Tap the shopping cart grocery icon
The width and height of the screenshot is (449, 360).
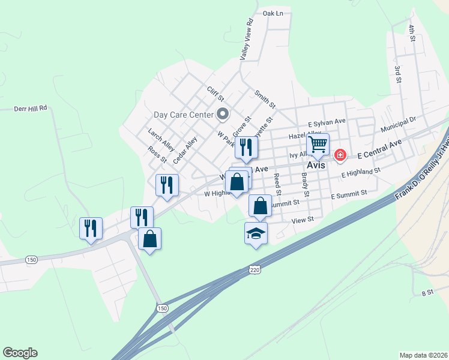click(x=318, y=144)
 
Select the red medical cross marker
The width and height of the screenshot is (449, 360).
click(x=340, y=155)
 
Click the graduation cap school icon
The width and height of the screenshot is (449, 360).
click(x=256, y=233)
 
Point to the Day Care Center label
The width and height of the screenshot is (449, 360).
click(x=184, y=114)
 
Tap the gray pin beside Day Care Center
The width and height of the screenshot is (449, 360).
click(x=223, y=113)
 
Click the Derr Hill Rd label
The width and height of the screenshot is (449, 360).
click(x=31, y=109)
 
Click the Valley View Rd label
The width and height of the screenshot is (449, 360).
click(x=247, y=39)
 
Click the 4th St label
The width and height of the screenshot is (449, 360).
click(x=412, y=33)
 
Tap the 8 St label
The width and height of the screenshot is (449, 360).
click(x=427, y=293)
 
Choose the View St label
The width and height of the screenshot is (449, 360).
click(x=303, y=220)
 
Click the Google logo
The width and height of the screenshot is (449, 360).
click(x=20, y=352)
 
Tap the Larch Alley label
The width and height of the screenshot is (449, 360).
click(x=161, y=139)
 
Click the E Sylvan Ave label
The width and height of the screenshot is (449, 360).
click(x=327, y=122)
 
